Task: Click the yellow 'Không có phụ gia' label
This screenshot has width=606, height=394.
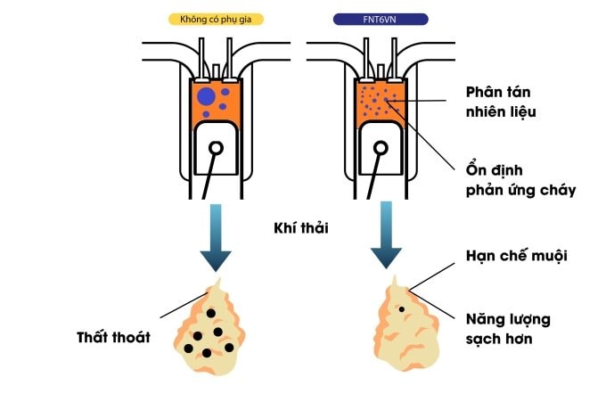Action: tap(214, 18)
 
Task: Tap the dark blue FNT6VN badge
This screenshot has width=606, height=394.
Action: tap(378, 18)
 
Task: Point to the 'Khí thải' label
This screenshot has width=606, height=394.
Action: tap(300, 227)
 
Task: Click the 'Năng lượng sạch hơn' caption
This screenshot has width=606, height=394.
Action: tap(509, 327)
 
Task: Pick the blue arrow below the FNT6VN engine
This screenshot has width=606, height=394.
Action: tap(386, 235)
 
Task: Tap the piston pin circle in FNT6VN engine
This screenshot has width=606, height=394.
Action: tap(381, 147)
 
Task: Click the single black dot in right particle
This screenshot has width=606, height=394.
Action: tap(402, 309)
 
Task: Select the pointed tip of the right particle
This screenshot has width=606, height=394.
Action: tap(392, 280)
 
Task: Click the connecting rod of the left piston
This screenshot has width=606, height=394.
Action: tap(209, 178)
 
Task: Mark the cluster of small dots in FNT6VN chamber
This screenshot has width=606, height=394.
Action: tap(378, 103)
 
